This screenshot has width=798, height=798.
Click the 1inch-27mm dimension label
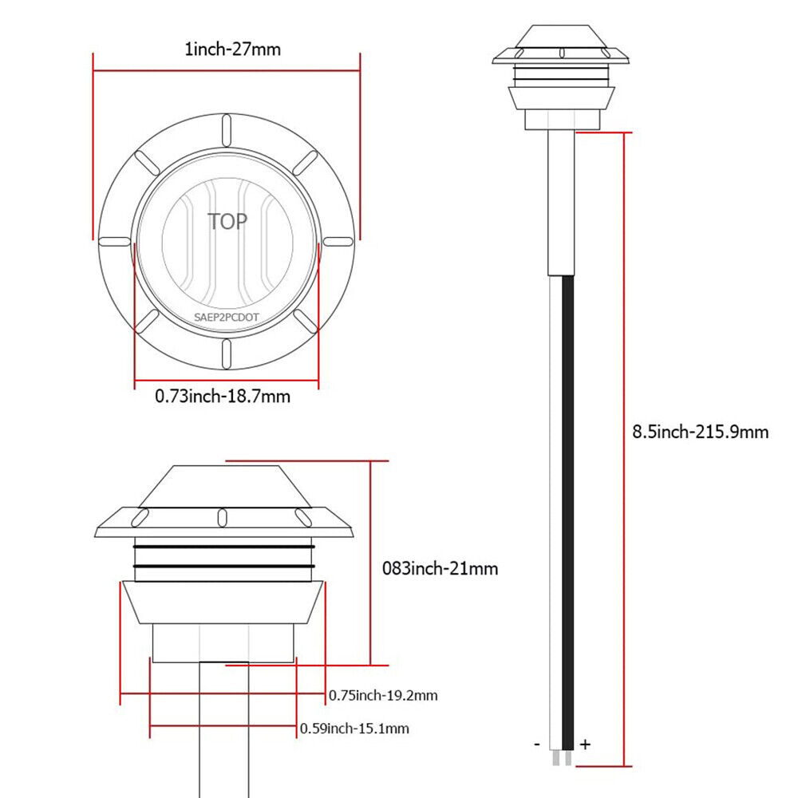[232, 49]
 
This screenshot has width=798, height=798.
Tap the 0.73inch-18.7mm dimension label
[223, 396]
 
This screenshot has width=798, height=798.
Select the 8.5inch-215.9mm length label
[701, 432]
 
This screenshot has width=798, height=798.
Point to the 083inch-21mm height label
[440, 568]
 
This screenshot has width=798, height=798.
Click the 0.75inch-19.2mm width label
[383, 695]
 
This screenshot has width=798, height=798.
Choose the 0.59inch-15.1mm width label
[354, 729]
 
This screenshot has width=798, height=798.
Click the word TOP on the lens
[227, 221]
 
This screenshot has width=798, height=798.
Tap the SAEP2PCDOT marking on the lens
[227, 317]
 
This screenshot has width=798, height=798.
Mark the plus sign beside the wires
[585, 745]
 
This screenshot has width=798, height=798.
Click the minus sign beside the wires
[537, 745]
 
